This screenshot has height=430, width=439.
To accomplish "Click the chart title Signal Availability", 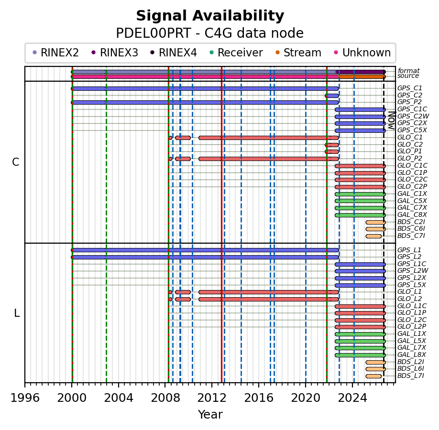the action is pos(210,16).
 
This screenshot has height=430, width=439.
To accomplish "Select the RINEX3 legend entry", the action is pos(115,53).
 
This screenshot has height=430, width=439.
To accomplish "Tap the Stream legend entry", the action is pos(298,53).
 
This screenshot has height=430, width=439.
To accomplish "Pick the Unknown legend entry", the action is pos(362,53).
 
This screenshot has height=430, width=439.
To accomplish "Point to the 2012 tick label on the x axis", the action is pos(212,398).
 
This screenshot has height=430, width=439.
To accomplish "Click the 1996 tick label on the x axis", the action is pos(25,398).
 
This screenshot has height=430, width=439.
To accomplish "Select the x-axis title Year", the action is pos(210,414).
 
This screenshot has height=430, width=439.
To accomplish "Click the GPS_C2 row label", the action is pos(410,96).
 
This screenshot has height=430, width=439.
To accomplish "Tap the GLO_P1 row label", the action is pos(410,151).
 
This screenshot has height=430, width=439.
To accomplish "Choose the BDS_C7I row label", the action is pos(411,236).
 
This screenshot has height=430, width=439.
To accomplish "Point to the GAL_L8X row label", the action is pos(412,355).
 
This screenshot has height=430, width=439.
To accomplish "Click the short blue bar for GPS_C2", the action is pos(332,96).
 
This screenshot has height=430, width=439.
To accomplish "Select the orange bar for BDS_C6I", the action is pos(375,229).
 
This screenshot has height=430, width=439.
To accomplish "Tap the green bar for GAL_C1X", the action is pos(360,194).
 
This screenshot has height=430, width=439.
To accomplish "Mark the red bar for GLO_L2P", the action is pos(360,327).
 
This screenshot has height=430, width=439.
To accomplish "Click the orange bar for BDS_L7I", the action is pos(373,376).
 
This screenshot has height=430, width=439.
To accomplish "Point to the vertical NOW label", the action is pos(392,120).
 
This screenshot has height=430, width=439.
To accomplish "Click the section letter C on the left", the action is pos(16,162).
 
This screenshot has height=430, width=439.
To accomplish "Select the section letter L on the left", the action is pos(17,313).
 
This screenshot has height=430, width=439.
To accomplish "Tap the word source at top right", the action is pos(408,76).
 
